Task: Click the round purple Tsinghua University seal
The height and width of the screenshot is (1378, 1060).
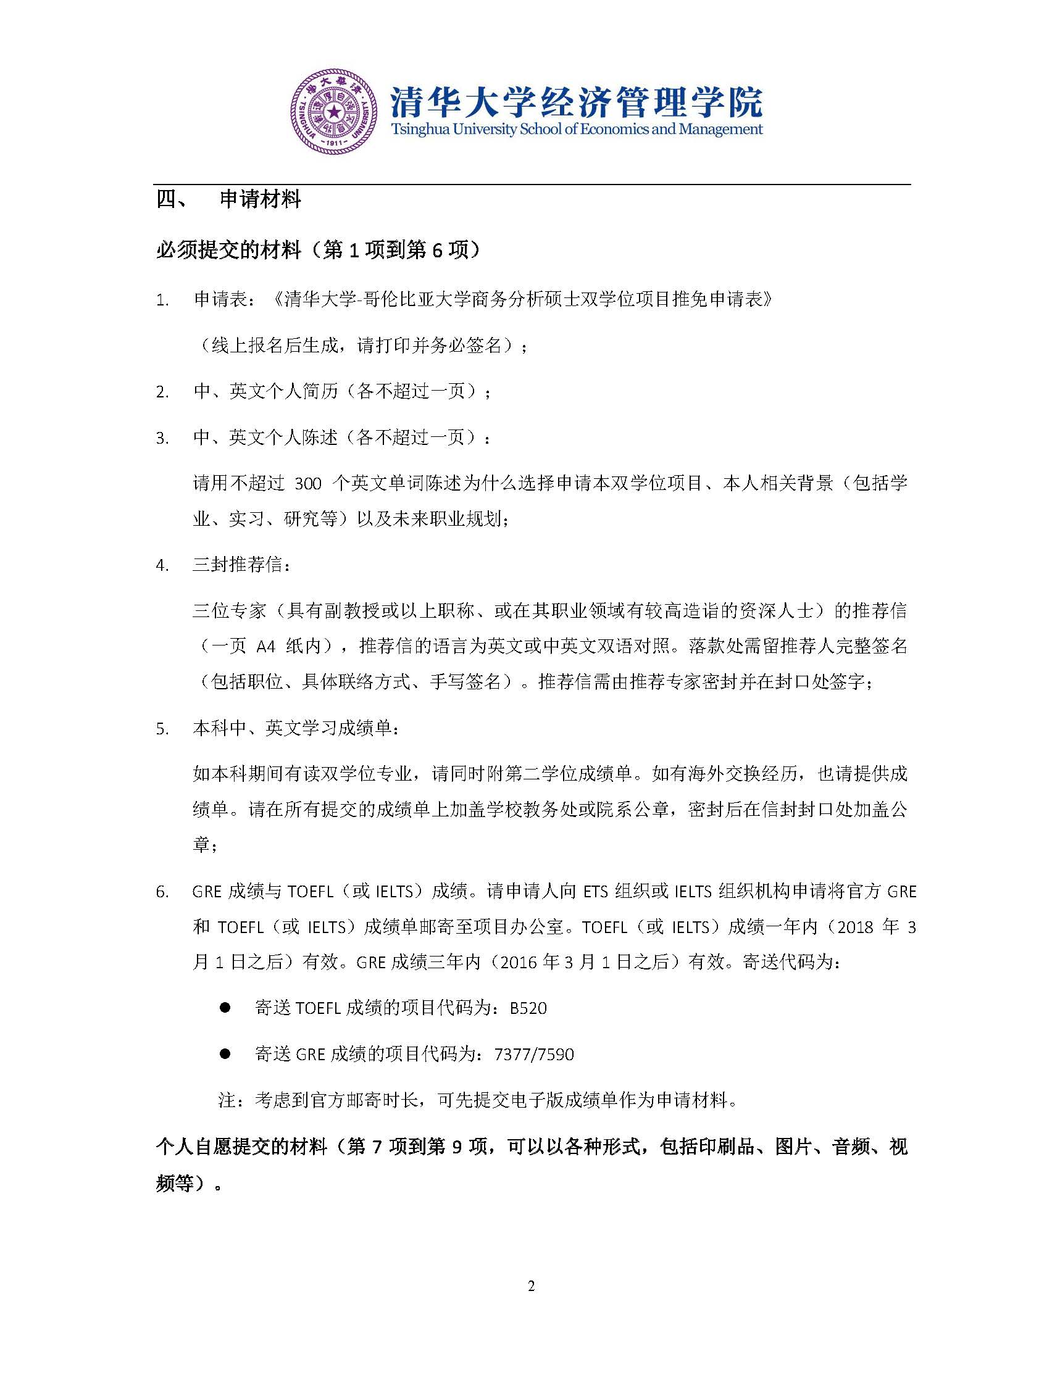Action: tap(334, 111)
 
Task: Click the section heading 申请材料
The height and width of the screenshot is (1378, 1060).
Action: tap(260, 200)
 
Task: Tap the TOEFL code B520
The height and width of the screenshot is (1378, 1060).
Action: tap(528, 1008)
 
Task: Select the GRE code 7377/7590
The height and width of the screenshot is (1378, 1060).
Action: tap(535, 1054)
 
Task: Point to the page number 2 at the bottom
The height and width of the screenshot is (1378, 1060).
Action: tap(531, 1287)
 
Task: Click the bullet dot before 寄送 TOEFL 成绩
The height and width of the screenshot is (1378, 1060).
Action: tap(225, 1008)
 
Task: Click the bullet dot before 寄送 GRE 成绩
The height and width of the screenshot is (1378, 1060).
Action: tap(225, 1054)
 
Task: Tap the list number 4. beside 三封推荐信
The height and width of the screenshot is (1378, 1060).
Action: tap(163, 565)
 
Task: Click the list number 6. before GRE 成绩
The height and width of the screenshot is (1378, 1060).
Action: tap(163, 892)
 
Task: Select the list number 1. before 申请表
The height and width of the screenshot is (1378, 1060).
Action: tap(163, 300)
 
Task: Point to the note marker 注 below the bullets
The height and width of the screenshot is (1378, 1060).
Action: tap(227, 1100)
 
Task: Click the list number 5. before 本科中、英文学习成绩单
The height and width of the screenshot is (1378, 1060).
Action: tap(163, 729)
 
